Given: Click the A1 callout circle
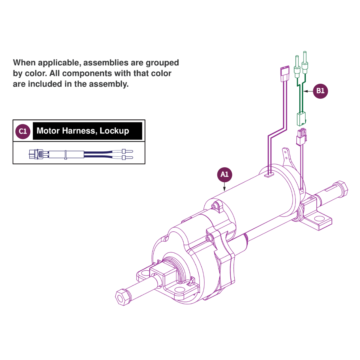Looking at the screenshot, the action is [225, 174].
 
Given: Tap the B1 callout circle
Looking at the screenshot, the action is [320, 91].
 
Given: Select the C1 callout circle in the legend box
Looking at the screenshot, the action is [23, 131].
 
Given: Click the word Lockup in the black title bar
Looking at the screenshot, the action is [114, 131].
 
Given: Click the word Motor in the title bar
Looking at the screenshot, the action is [48, 131].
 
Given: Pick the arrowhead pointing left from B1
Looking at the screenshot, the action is [306, 91].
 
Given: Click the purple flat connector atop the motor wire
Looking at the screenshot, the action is [284, 74].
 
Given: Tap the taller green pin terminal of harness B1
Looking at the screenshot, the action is [305, 62].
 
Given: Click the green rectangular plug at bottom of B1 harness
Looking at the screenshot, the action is [301, 119].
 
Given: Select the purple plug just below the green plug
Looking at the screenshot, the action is [301, 137].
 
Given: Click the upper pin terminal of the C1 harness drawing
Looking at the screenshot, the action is [127, 151].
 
